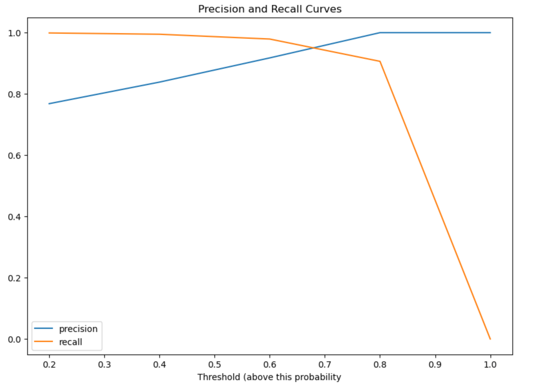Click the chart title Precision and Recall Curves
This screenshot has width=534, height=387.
point(270,9)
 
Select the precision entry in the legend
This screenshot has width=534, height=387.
point(78,329)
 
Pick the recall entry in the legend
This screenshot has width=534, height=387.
point(70,342)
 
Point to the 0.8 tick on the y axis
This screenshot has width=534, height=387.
point(14,94)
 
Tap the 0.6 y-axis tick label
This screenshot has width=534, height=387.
point(14,155)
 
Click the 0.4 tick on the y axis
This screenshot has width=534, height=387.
point(14,217)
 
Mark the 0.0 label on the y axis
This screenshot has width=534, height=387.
point(14,339)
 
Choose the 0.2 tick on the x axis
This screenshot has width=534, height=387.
point(49,364)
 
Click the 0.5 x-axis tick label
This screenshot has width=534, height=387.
point(214,364)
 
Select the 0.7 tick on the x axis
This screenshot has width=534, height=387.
point(325,364)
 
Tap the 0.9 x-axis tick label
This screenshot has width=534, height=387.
point(435,364)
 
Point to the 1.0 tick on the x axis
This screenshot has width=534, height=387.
point(490,364)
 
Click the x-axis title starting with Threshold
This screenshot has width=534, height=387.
point(269,377)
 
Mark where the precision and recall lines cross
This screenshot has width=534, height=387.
point(313,48)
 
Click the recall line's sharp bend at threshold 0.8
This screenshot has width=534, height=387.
point(380,61)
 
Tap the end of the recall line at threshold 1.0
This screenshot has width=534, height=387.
point(490,339)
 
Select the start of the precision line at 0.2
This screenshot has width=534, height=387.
point(49,103)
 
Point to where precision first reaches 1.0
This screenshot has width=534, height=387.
point(380,33)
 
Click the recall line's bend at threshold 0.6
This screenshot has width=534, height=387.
point(270,39)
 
